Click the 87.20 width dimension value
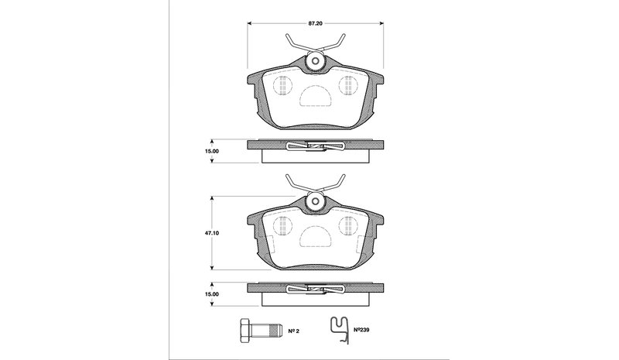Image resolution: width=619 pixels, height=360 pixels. [x=316, y=23]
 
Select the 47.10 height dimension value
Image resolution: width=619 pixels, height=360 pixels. [x=212, y=233]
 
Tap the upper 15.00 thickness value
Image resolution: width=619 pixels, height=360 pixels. [x=211, y=151]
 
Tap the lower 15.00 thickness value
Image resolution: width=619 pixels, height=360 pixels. [x=211, y=294]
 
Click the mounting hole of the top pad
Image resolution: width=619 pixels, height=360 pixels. [x=316, y=61]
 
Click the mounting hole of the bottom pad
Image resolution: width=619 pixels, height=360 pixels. [x=316, y=201]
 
